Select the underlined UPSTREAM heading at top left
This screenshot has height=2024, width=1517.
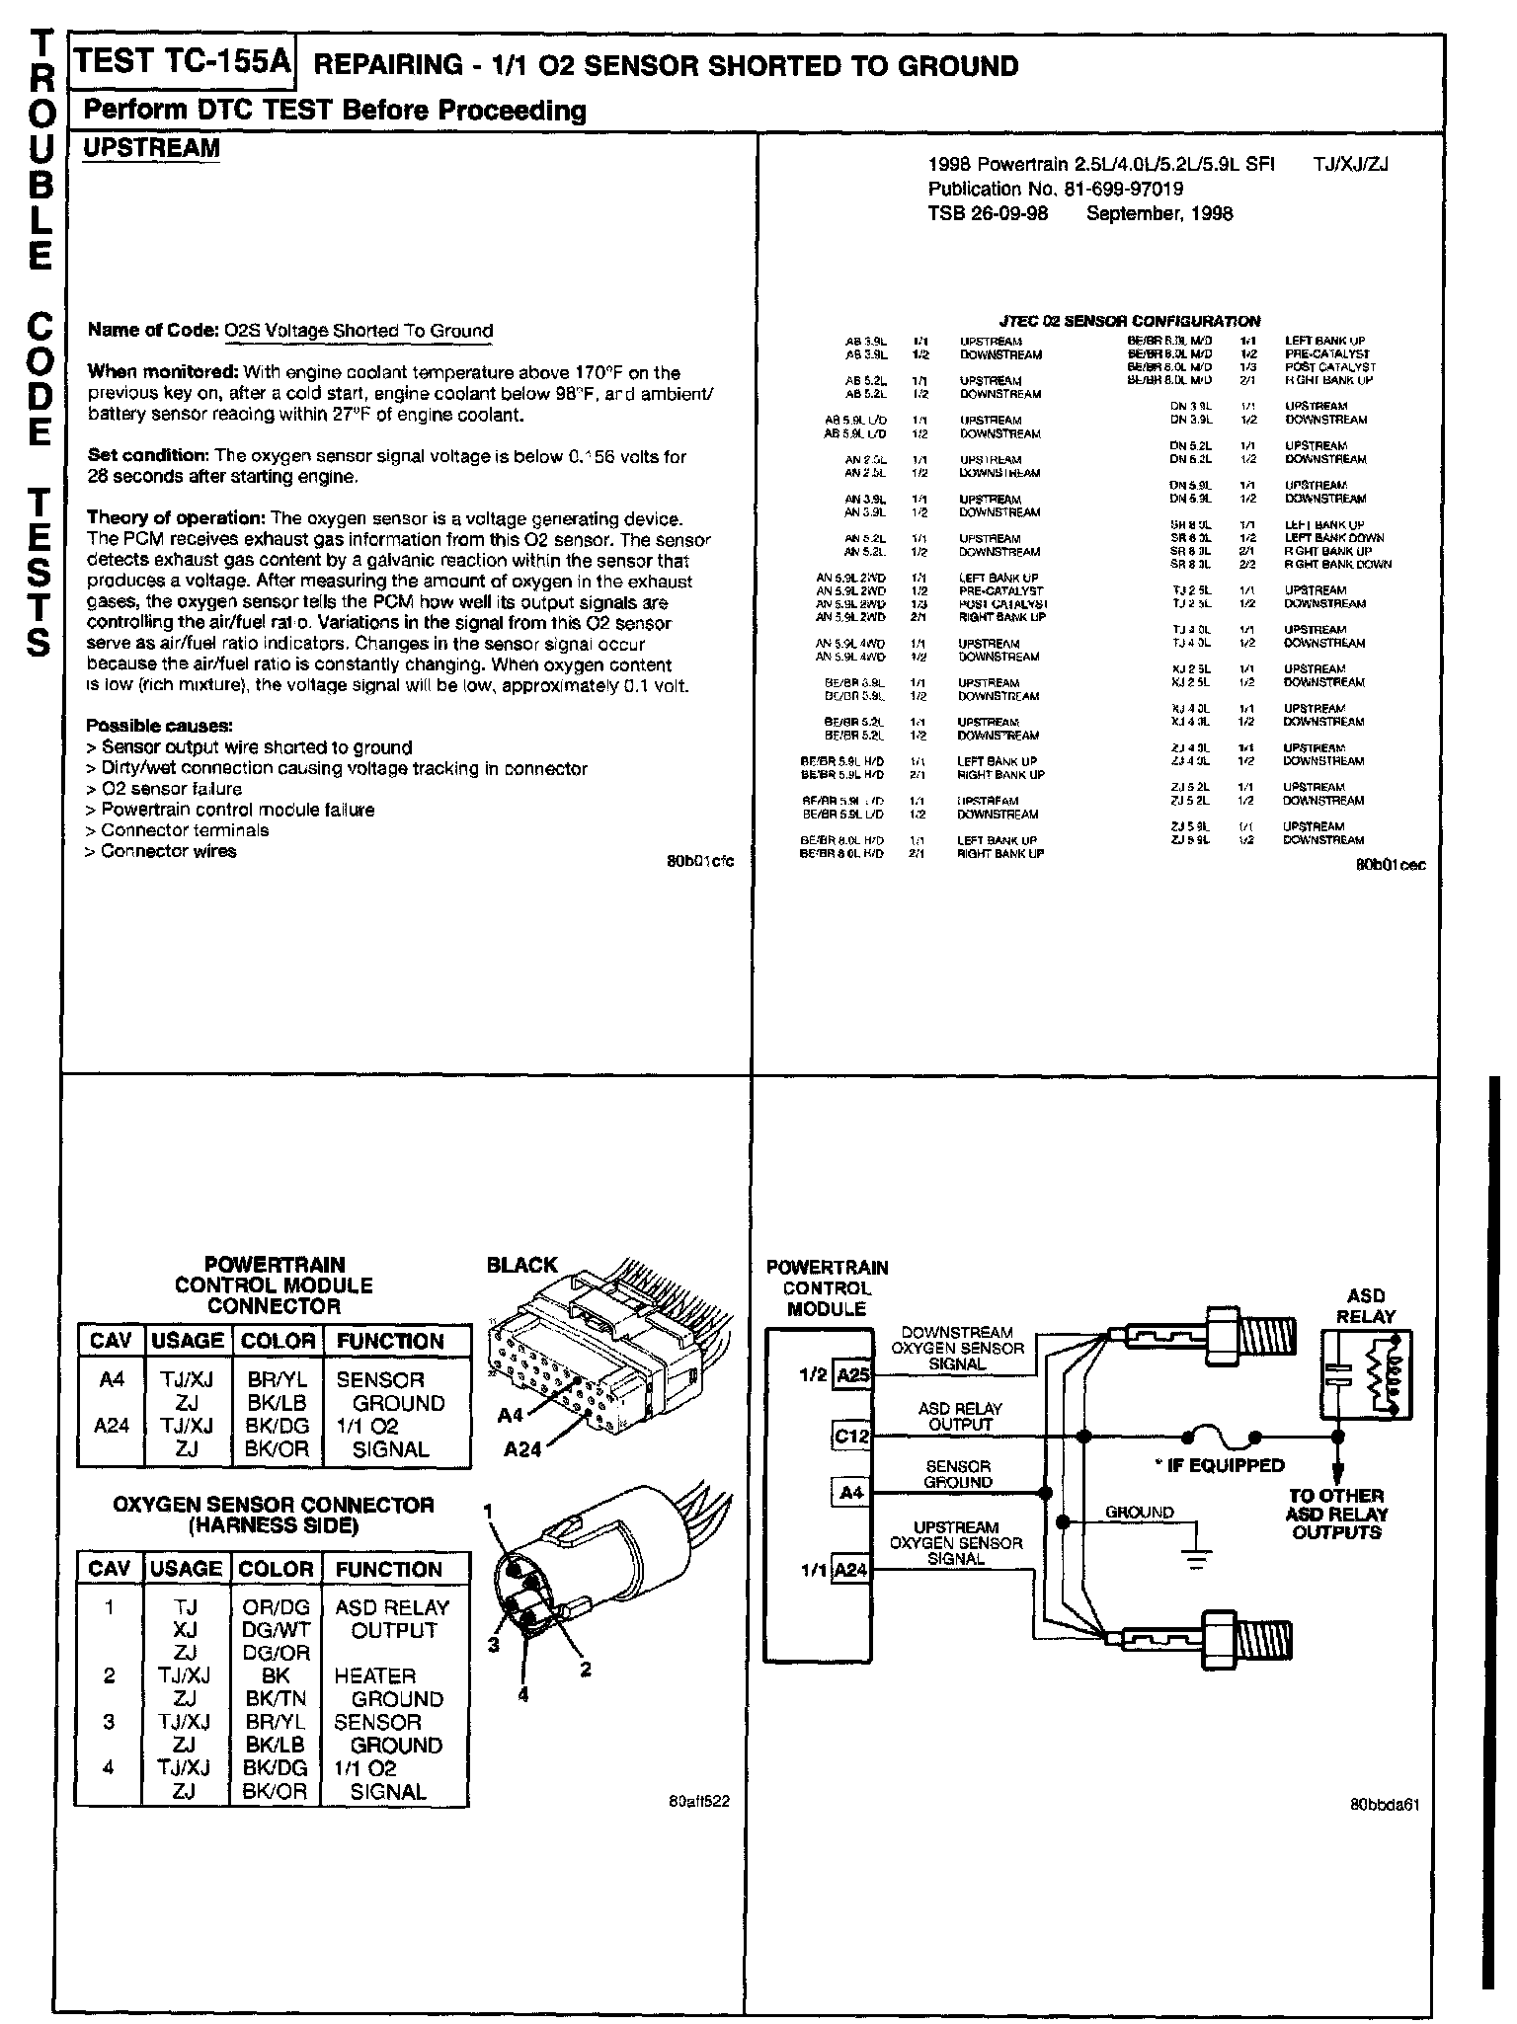[x=151, y=148]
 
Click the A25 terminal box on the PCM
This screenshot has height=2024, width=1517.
[x=852, y=1375]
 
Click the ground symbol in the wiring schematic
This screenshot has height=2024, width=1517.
[x=1197, y=1561]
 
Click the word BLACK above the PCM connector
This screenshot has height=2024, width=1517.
[x=522, y=1265]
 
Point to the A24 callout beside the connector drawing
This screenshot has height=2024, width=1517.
[x=523, y=1449]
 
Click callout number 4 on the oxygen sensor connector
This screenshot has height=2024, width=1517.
[x=523, y=1694]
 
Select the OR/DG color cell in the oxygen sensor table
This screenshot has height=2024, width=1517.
[x=277, y=1607]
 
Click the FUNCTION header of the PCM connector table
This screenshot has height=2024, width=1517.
[x=391, y=1341]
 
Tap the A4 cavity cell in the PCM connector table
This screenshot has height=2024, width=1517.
[x=112, y=1379]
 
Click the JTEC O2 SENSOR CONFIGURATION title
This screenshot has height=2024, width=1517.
[x=1130, y=321]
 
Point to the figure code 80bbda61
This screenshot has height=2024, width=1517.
[x=1385, y=1805]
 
